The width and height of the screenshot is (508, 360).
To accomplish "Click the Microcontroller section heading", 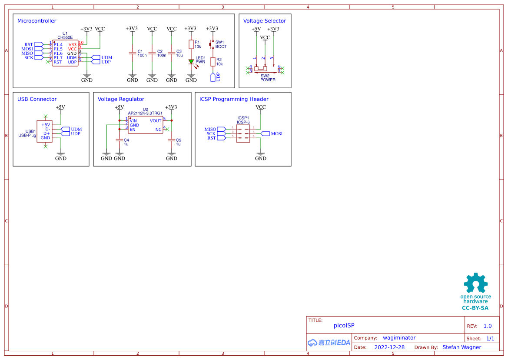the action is tap(37, 21).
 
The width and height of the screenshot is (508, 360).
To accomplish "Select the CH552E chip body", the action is tap(65, 53).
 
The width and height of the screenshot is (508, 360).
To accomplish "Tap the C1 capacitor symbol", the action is tap(132, 53).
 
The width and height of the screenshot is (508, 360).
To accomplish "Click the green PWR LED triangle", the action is tap(191, 62).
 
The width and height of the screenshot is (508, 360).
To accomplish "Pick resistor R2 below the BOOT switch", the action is tap(213, 62).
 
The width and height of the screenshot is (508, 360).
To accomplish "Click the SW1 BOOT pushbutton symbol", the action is tap(212, 44).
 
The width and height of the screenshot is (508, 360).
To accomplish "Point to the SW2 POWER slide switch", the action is tap(265, 69).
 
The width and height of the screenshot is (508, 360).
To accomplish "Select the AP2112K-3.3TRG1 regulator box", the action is tap(146, 125).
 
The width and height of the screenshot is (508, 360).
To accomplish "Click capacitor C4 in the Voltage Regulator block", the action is tap(119, 140).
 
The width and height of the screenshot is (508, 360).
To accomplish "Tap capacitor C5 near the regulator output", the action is tap(171, 140).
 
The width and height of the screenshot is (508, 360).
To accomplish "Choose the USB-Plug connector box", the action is tap(44, 131).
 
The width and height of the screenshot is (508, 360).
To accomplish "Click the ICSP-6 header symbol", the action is tap(243, 133).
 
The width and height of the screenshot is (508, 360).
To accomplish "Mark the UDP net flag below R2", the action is tap(213, 77).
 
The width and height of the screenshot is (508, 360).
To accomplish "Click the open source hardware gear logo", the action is tap(475, 283).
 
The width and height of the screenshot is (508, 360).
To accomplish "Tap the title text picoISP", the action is tap(344, 325).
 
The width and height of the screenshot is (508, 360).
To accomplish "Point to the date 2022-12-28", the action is tap(389, 347).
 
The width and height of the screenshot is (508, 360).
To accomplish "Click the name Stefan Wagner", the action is tap(462, 347).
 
